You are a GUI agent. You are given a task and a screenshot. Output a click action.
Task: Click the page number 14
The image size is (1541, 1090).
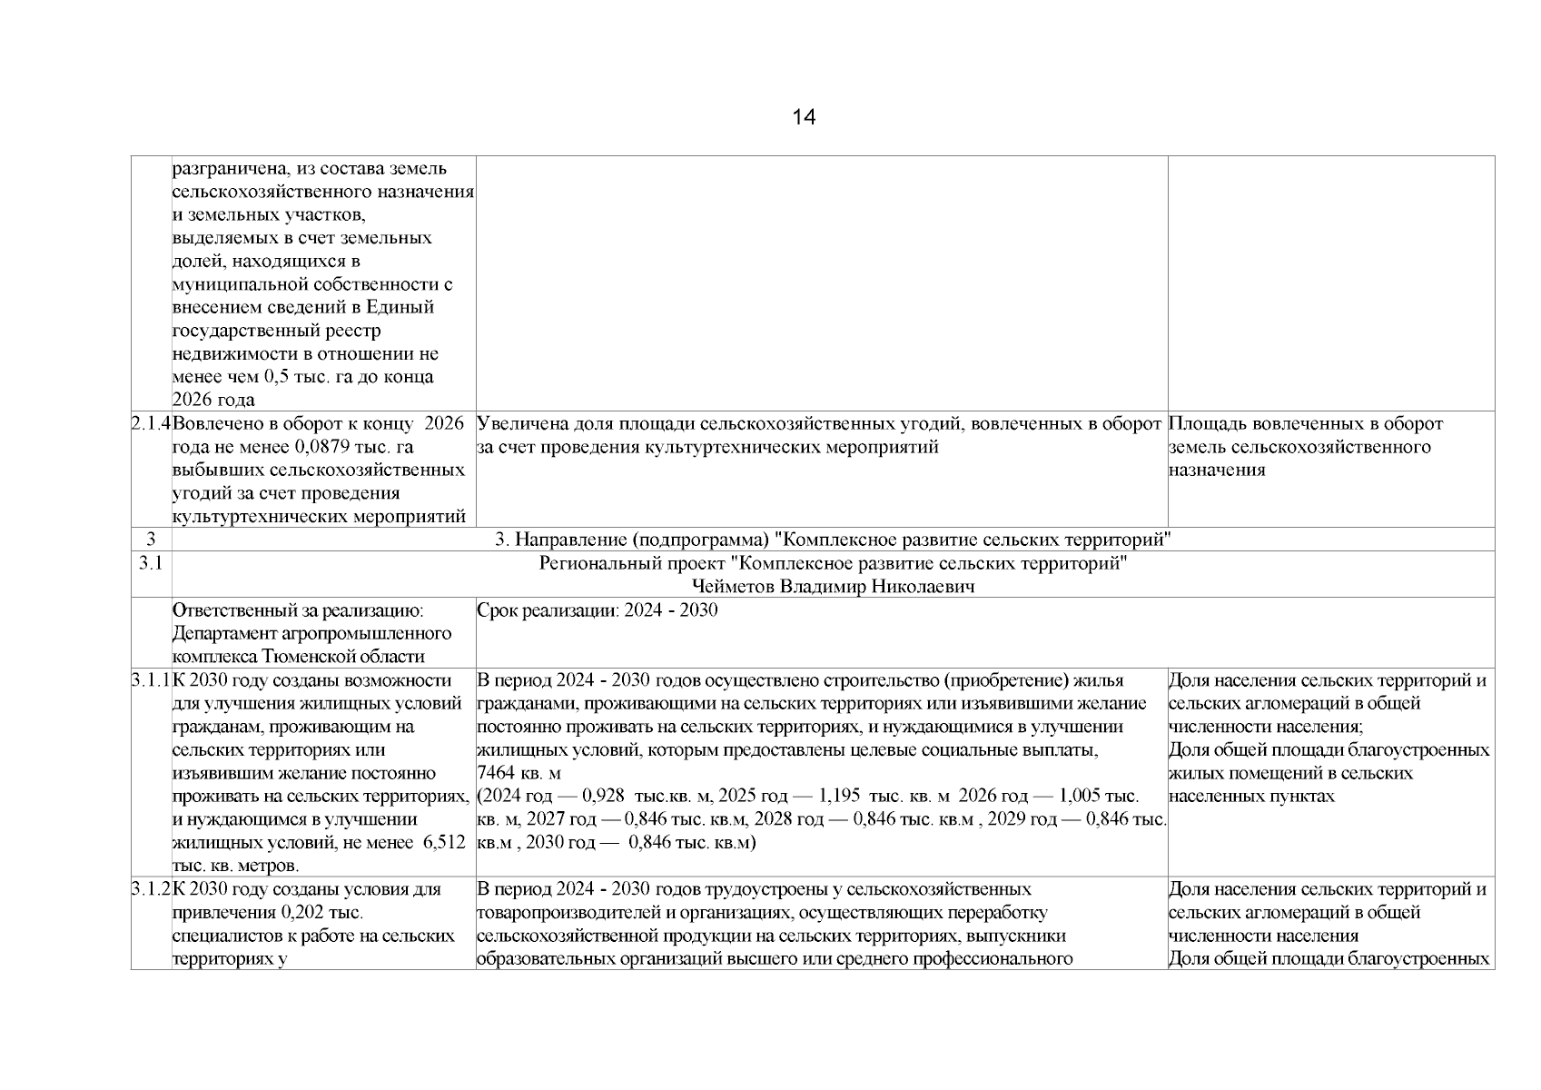[x=804, y=117]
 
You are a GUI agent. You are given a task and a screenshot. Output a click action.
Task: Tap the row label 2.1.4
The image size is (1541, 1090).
[x=151, y=423]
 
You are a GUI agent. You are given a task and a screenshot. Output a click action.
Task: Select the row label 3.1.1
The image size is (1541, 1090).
[x=151, y=680]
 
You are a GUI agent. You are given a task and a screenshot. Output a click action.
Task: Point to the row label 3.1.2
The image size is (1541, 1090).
[x=151, y=889]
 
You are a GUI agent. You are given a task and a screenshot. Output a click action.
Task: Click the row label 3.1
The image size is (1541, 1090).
[x=151, y=563]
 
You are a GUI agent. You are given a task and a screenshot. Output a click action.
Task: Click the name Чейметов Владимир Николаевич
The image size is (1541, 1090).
[x=833, y=587]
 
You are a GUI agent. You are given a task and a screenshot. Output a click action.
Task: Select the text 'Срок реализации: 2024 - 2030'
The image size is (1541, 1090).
[x=597, y=610]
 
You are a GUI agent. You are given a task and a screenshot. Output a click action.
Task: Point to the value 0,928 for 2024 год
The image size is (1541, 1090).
[x=602, y=797]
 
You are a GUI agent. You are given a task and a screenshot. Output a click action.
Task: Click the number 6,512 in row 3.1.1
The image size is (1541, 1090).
[x=444, y=843]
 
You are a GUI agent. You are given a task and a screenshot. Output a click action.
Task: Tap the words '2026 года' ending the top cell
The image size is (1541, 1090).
[x=213, y=400]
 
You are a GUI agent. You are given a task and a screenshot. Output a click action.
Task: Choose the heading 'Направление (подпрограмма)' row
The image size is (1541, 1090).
[x=833, y=540]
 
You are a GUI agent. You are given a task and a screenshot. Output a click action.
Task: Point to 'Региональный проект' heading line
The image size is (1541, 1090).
[x=833, y=563]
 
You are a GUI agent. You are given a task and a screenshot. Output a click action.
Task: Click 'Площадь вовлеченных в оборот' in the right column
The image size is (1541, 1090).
[x=1305, y=423]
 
